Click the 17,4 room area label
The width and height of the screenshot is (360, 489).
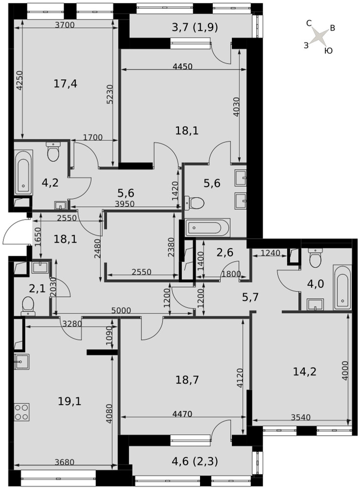(66, 84)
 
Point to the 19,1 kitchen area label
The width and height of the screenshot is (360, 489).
(69, 401)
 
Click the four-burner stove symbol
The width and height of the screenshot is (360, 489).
(22, 412)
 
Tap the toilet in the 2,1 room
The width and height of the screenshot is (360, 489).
(28, 306)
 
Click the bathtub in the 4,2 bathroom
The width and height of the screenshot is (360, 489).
(23, 173)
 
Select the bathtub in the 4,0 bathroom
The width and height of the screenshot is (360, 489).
(342, 287)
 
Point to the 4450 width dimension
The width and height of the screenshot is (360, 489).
(183, 67)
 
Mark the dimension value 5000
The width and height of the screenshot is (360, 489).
(121, 311)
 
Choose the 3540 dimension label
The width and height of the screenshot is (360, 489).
(301, 417)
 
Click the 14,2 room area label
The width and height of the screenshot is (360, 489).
(305, 372)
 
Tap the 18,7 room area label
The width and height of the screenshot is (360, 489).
(187, 380)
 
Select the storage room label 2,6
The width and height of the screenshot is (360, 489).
(225, 252)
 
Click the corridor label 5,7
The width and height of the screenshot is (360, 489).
(250, 297)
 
